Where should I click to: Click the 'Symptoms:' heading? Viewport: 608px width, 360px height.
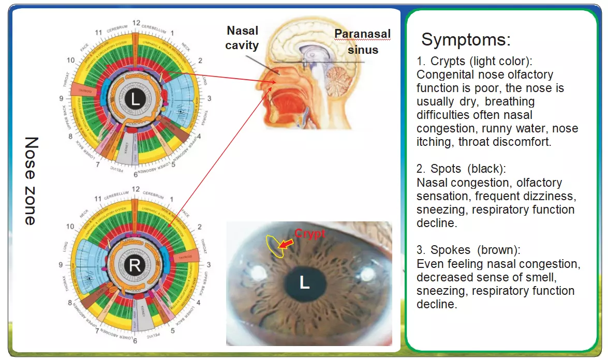466,39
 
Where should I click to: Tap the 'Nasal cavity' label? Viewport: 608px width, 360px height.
242,38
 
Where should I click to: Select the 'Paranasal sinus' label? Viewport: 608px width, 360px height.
362,42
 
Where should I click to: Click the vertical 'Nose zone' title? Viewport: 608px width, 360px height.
32,181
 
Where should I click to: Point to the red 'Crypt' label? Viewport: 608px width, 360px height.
309,233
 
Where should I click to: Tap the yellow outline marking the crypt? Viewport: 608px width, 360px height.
274,246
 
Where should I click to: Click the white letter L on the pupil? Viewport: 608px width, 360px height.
304,282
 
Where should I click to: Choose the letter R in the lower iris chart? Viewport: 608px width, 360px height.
135,266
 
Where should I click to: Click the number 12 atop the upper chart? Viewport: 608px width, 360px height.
136,23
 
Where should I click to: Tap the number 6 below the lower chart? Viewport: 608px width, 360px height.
135,341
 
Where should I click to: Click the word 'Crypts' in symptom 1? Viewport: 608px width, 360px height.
448,62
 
